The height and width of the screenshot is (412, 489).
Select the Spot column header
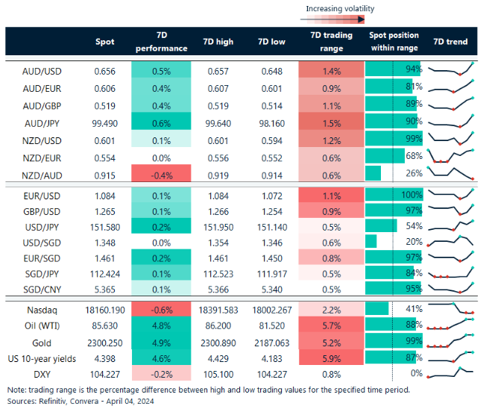pos(105,42)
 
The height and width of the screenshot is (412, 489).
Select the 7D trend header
pos(450,42)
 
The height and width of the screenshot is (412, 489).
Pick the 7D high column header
pos(218,42)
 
